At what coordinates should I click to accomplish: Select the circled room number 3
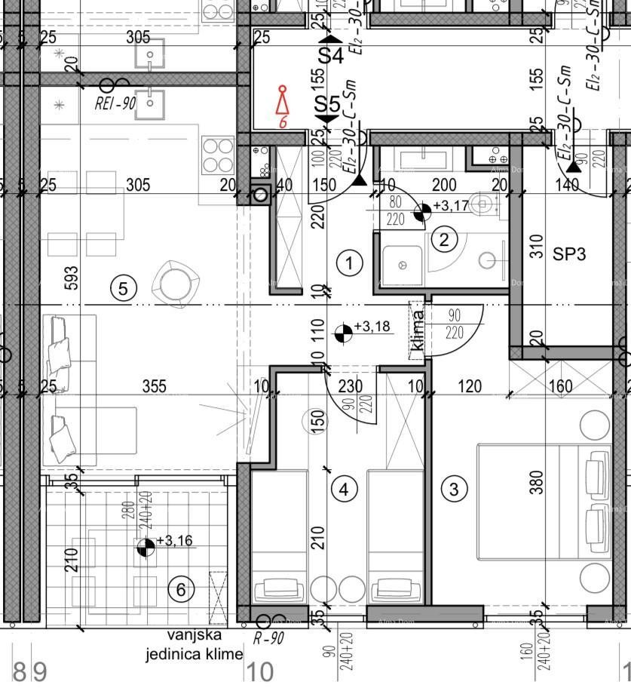click(x=453, y=489)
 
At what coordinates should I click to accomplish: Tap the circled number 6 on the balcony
click(x=180, y=589)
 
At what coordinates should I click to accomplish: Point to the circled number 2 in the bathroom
click(x=443, y=240)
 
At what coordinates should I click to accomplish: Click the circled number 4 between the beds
click(x=323, y=489)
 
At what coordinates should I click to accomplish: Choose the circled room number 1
click(x=349, y=263)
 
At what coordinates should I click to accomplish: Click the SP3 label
click(x=569, y=254)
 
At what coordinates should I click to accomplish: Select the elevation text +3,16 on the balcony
click(x=174, y=540)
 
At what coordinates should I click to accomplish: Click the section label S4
click(x=329, y=55)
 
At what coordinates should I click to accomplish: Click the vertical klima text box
click(x=417, y=332)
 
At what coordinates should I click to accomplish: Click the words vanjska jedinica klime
click(x=195, y=646)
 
